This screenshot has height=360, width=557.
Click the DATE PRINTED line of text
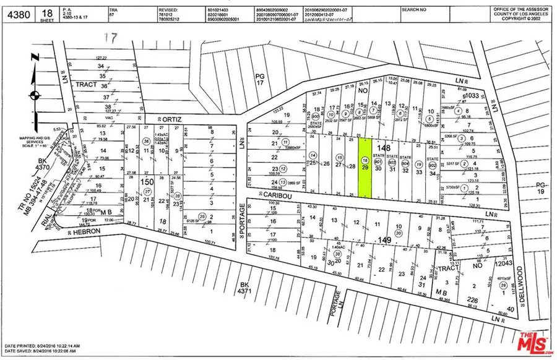click(41, 345)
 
